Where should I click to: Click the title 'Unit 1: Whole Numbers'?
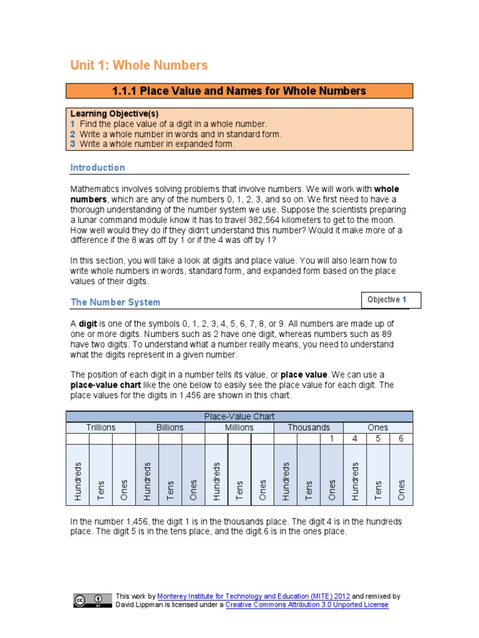click(139, 65)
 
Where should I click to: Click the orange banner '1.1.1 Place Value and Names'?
click(239, 91)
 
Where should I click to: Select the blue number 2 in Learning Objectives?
click(73, 134)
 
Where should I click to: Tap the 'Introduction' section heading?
click(97, 168)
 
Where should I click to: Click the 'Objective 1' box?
click(391, 300)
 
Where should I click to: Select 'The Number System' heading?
click(115, 302)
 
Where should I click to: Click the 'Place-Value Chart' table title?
click(239, 416)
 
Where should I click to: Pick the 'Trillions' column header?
click(100, 427)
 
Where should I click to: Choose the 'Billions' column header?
click(170, 427)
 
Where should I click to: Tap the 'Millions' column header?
click(239, 427)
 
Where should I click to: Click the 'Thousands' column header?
click(309, 427)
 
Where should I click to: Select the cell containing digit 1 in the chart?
click(331, 439)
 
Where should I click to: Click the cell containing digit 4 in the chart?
click(354, 439)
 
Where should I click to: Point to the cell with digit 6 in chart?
click(401, 439)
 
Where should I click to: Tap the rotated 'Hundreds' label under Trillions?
click(78, 481)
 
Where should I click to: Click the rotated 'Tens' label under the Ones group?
click(378, 489)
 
